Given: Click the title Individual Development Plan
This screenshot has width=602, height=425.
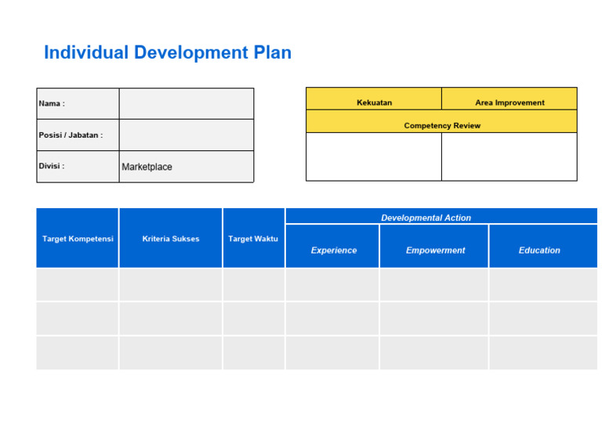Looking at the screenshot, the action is click(x=168, y=52).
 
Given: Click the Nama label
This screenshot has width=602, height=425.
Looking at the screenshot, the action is click(x=52, y=103).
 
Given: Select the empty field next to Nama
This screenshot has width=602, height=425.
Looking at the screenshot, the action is click(x=186, y=103).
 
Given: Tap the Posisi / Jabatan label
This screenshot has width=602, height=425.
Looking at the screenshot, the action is click(x=71, y=135).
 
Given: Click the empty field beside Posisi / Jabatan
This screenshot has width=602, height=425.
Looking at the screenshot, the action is click(x=186, y=135).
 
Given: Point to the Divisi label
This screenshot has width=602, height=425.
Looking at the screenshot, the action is click(x=52, y=166).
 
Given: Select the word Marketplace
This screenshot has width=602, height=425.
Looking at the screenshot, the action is click(x=147, y=167).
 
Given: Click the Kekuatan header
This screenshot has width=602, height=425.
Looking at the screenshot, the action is click(x=374, y=103).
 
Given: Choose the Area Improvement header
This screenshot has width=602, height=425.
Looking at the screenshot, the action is click(x=510, y=103).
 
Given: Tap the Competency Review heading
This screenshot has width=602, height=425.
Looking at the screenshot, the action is click(x=442, y=125).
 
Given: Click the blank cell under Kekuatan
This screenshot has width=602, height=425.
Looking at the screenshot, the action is click(x=374, y=157).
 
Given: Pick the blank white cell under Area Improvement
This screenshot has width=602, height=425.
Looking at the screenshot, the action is click(x=510, y=157).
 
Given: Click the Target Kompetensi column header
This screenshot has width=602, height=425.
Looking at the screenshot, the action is click(x=78, y=239).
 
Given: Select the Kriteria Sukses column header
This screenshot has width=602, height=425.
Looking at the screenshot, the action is click(x=171, y=239).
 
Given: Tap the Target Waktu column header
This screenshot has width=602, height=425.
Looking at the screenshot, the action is click(x=253, y=239).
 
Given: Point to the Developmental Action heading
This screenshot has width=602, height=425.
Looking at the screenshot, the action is click(x=426, y=218).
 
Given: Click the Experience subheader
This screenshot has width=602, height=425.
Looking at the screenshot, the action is click(x=333, y=250).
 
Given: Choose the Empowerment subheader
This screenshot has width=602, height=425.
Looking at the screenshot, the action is click(x=435, y=250).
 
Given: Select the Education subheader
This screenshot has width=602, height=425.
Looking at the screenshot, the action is click(x=539, y=250).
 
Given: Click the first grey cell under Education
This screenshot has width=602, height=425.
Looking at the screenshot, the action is click(x=542, y=285).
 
